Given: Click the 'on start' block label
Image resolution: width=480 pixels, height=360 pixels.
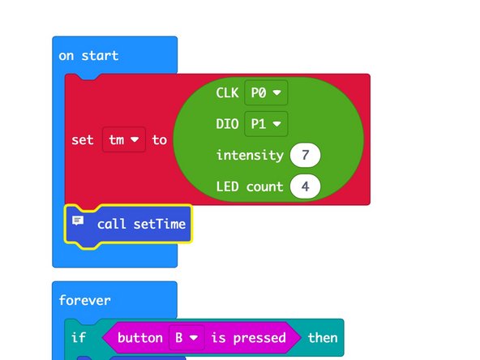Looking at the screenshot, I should point(88,56).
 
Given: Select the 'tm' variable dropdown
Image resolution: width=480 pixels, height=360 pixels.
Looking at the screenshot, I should point(124,139).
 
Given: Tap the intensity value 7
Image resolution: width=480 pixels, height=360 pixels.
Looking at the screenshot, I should point(306,155).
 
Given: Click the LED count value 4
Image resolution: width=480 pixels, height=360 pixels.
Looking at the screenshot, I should point(306,186).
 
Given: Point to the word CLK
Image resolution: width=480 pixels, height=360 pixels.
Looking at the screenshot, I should point(227,93).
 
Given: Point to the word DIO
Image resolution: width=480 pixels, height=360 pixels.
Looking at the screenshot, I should point(227,124).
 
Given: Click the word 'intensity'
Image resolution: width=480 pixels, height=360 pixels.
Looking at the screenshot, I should point(249,155).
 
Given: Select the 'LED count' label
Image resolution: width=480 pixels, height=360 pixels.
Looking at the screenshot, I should point(249,186).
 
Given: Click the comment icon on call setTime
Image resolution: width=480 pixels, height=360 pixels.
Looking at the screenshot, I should point(78,221).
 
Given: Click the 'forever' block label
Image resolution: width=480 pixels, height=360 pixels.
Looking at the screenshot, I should point(85,300).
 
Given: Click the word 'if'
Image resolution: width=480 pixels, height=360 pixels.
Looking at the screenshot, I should point(78,337).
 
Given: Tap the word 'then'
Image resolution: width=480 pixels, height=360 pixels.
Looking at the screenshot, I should point(322,337).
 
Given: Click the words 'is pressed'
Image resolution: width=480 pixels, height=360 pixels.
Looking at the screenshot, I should point(248,337).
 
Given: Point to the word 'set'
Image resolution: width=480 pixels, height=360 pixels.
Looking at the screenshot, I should point(82,139).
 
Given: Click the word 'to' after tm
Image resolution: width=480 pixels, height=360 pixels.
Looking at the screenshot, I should point(159,139).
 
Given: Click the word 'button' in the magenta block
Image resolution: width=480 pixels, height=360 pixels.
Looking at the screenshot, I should point(140,337).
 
